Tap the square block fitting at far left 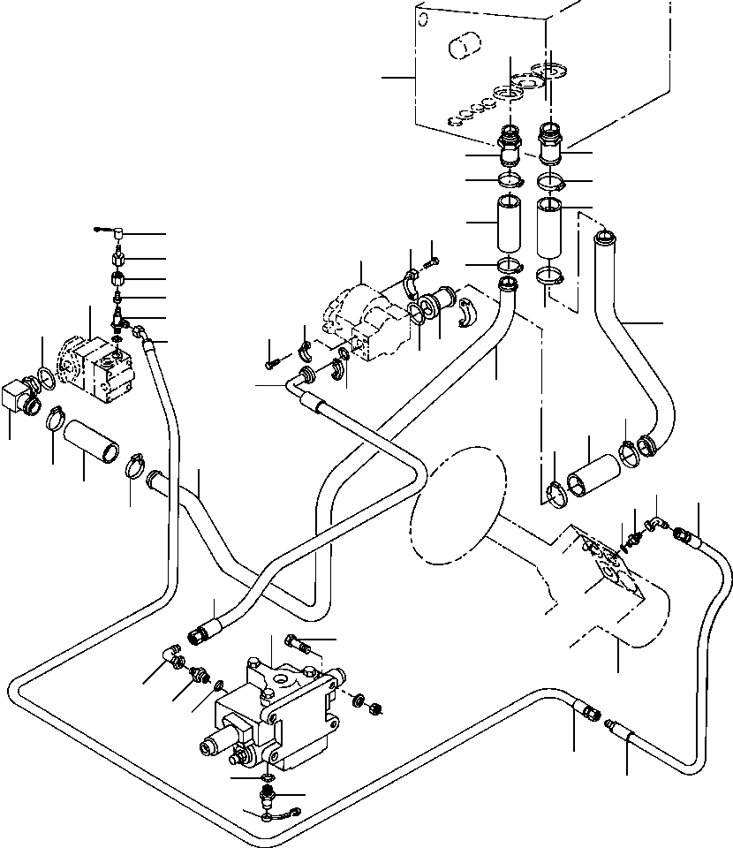(18, 395)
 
